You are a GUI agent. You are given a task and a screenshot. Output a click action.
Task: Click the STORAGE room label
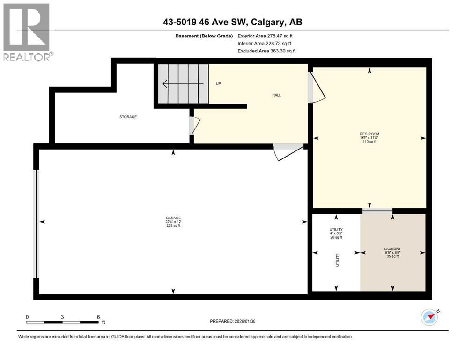pos(127,117)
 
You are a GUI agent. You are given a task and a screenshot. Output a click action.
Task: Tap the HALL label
pos(276,95)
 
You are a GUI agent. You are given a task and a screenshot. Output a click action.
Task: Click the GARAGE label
pos(173,217)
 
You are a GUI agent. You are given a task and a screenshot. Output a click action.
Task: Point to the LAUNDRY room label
pos(392,249)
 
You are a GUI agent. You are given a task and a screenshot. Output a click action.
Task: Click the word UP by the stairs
pos(218,84)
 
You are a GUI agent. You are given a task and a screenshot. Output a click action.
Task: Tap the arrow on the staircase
pos(183,84)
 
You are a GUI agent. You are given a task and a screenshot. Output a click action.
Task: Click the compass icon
pos(429,317)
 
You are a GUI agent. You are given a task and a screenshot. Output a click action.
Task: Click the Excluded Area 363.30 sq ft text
pos(266,51)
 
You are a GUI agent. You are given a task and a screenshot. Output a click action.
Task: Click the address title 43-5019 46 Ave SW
pos(232,22)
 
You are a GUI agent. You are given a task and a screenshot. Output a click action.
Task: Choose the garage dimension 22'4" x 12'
pos(173,222)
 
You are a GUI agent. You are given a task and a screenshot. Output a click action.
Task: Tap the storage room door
pos(195,125)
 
